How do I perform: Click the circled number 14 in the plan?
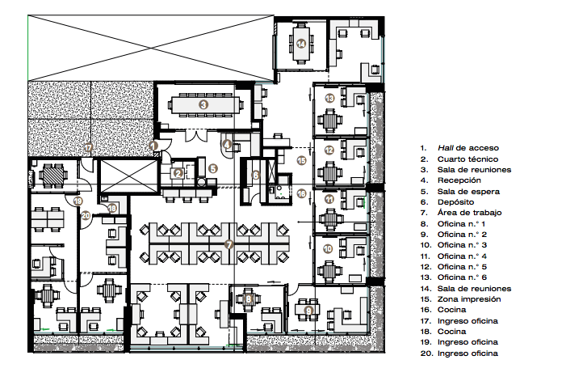(300, 44)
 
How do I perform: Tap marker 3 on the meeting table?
(203, 104)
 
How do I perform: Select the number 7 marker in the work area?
(228, 243)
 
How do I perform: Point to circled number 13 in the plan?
(329, 98)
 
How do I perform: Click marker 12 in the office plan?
(329, 150)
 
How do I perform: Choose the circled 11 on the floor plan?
(329, 199)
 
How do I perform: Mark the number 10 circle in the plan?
(328, 249)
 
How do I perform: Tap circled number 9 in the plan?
(309, 309)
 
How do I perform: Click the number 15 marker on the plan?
(300, 161)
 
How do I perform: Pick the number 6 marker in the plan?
(255, 175)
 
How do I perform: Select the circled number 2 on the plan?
(178, 173)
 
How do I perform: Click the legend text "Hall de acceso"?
(468, 148)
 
